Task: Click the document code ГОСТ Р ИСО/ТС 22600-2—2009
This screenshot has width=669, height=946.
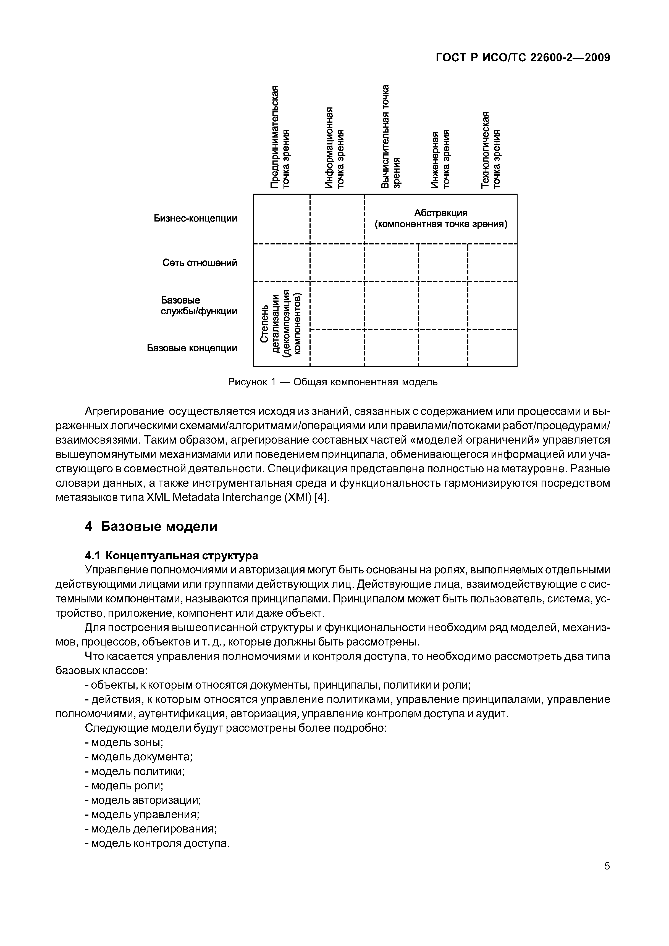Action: (523, 58)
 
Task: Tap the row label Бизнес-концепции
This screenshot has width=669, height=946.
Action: (195, 218)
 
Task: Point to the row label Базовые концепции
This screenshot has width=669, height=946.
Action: (192, 348)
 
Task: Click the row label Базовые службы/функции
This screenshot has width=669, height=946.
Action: (199, 306)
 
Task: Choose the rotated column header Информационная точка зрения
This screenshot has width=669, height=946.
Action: (334, 147)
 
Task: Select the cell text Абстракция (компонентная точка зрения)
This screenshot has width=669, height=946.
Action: (441, 219)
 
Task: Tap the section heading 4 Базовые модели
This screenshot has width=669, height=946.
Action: (151, 526)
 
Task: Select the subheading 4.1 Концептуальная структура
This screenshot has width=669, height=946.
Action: (172, 555)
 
